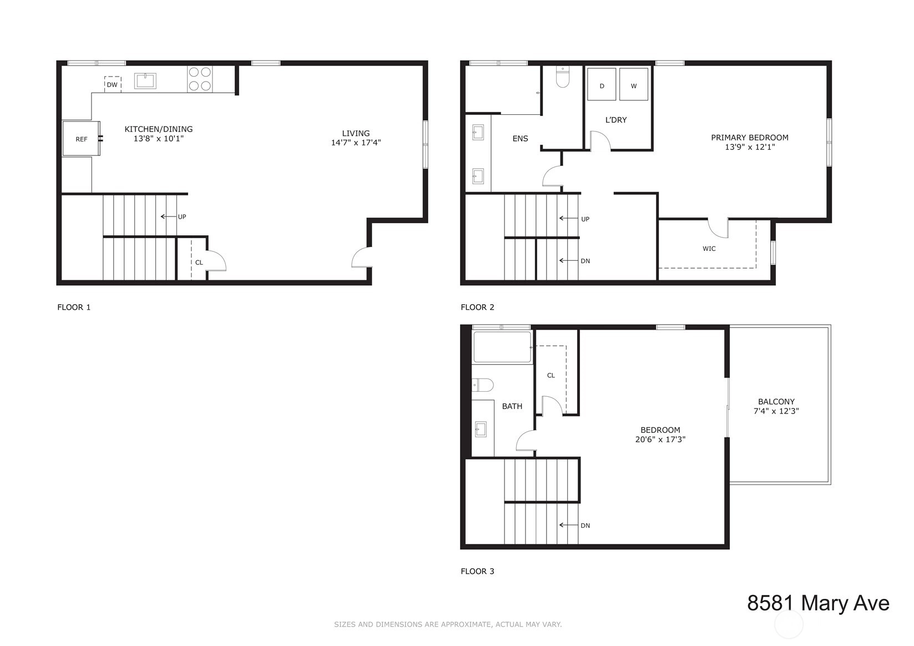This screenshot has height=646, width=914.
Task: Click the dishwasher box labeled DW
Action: coord(113,84)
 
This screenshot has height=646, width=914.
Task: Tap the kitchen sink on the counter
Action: coord(145,81)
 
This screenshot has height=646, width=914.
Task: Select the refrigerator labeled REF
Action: coord(81,138)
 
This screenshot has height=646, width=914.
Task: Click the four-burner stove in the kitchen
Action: coord(200,79)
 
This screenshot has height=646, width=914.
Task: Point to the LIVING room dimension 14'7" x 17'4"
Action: coord(356,143)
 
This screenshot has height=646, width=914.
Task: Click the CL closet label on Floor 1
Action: coord(199,263)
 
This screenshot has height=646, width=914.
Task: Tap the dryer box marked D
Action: coord(602,84)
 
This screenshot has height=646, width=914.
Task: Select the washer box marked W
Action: coord(634,84)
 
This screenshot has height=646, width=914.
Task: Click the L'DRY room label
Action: coord(616,119)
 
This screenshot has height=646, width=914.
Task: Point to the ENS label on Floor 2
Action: coord(520,138)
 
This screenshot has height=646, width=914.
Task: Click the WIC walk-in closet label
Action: coord(709,249)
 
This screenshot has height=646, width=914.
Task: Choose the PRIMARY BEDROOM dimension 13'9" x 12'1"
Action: coord(750,147)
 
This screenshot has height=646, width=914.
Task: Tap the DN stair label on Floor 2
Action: coord(585,261)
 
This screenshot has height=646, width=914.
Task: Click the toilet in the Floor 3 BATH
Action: coord(483,385)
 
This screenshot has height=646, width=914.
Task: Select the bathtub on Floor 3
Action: coord(502,347)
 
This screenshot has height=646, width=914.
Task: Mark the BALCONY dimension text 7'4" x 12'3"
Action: coord(776,411)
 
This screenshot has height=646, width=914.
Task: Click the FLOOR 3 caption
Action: coord(477,571)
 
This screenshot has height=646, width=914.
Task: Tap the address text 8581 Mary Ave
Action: coord(818,603)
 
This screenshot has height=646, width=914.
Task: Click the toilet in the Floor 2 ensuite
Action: coord(563,78)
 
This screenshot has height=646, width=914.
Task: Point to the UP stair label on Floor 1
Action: coord(182,216)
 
